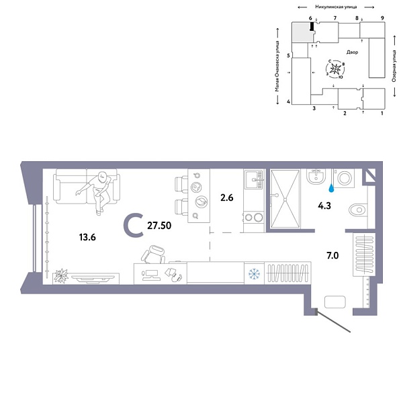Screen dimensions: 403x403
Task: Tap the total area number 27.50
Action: (162, 226)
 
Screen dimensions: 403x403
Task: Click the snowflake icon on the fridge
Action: (254, 273)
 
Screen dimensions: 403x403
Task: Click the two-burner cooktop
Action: (253, 217)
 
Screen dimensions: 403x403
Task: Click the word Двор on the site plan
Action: (352, 52)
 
